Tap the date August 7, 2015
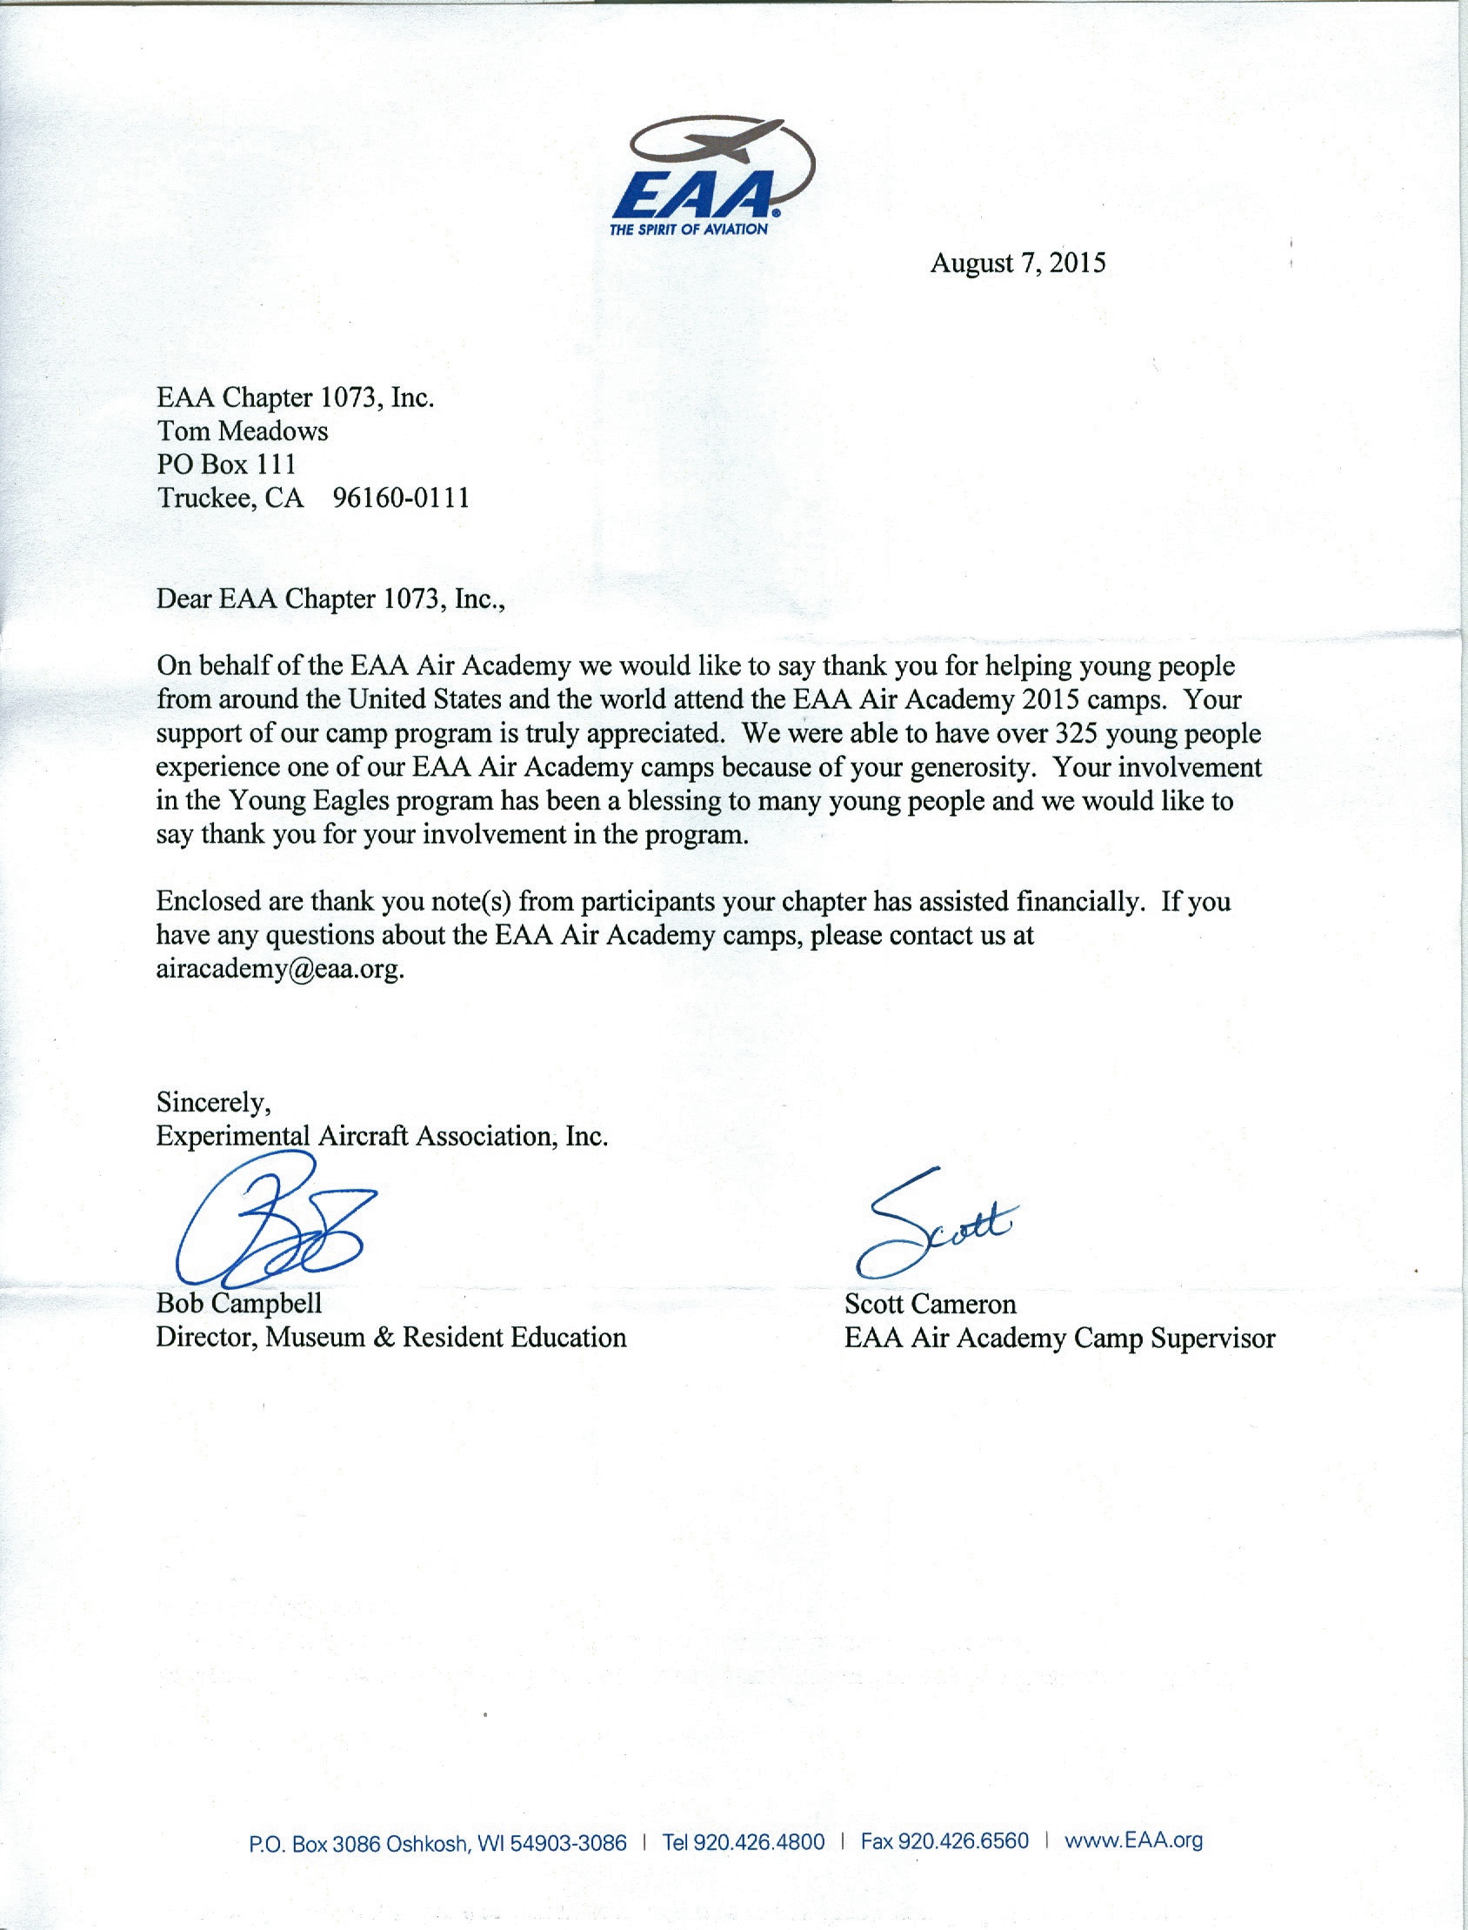[x=1018, y=263]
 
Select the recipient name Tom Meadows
[x=242, y=431]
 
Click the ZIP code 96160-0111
[x=401, y=498]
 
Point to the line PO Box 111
[x=226, y=464]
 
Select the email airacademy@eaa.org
[x=280, y=970]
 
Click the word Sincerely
[x=213, y=1103]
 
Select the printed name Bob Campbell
[x=238, y=1304]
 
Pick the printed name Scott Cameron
[x=930, y=1305]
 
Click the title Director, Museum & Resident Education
[x=390, y=1338]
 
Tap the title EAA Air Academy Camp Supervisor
[x=1059, y=1339]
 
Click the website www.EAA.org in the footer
[x=1133, y=1841]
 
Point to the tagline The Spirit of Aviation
[x=689, y=230]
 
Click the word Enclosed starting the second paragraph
[x=208, y=901]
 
